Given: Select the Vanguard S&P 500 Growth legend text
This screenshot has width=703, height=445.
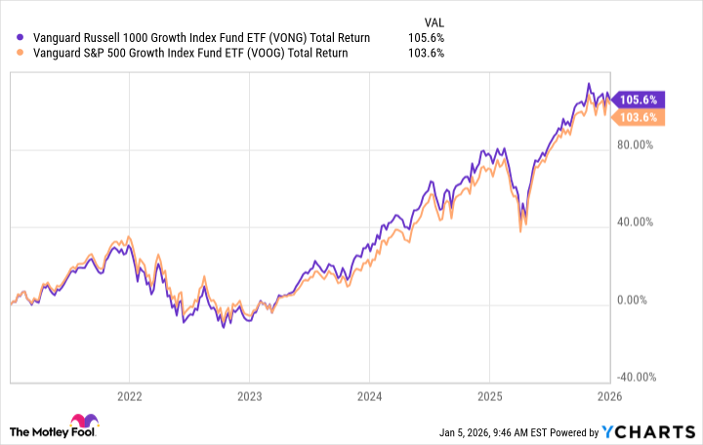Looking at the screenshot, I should point(180,53).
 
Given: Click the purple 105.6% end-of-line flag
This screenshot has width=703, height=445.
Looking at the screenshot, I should point(639,100).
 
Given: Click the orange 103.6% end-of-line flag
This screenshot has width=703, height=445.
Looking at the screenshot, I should point(639,116).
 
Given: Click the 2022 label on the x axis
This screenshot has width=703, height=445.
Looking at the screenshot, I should point(129,396).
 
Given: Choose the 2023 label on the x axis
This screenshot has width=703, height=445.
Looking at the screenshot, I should point(249,396).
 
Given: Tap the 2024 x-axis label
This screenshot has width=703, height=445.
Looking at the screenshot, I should point(369,396).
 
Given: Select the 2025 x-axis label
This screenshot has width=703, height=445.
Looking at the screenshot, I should point(489,396).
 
